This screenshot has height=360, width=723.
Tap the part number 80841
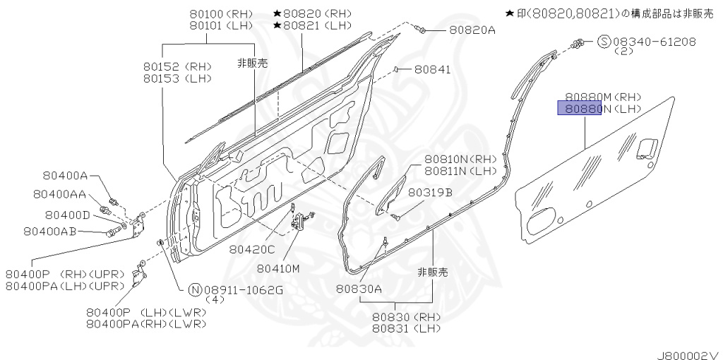[x=432, y=69]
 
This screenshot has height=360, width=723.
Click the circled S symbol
[x=604, y=42]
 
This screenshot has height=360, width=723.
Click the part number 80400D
[x=67, y=215]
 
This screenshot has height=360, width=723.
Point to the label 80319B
[x=429, y=192]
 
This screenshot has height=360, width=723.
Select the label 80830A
[x=359, y=288]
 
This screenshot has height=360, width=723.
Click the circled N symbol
[x=195, y=289]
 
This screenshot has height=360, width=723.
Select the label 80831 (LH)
[x=406, y=328]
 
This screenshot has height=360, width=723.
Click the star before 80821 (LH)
[x=277, y=25]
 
